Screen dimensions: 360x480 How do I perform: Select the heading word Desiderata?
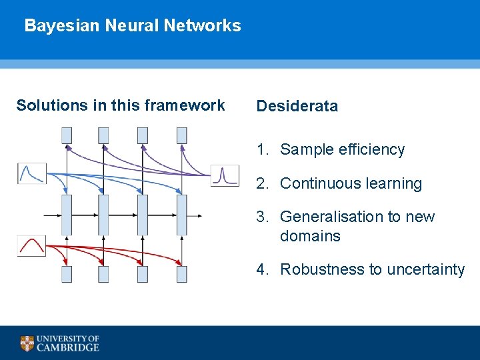point(297,106)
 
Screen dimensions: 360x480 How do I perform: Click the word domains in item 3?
point(310,236)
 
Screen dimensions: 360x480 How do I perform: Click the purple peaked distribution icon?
point(225,175)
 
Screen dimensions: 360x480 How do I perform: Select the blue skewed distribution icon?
point(31,173)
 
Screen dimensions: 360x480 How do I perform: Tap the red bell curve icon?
point(31,246)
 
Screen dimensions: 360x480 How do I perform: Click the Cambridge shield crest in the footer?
point(27,343)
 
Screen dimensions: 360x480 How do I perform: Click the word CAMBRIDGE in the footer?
point(68,347)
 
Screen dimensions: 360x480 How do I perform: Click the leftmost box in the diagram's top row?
point(67,135)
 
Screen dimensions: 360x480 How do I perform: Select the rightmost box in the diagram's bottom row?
point(181,274)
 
